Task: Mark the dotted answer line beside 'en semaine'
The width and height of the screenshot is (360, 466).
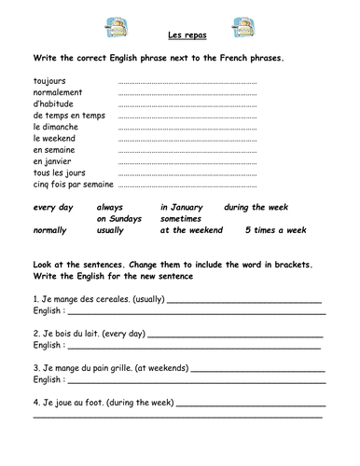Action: [x=187, y=150]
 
